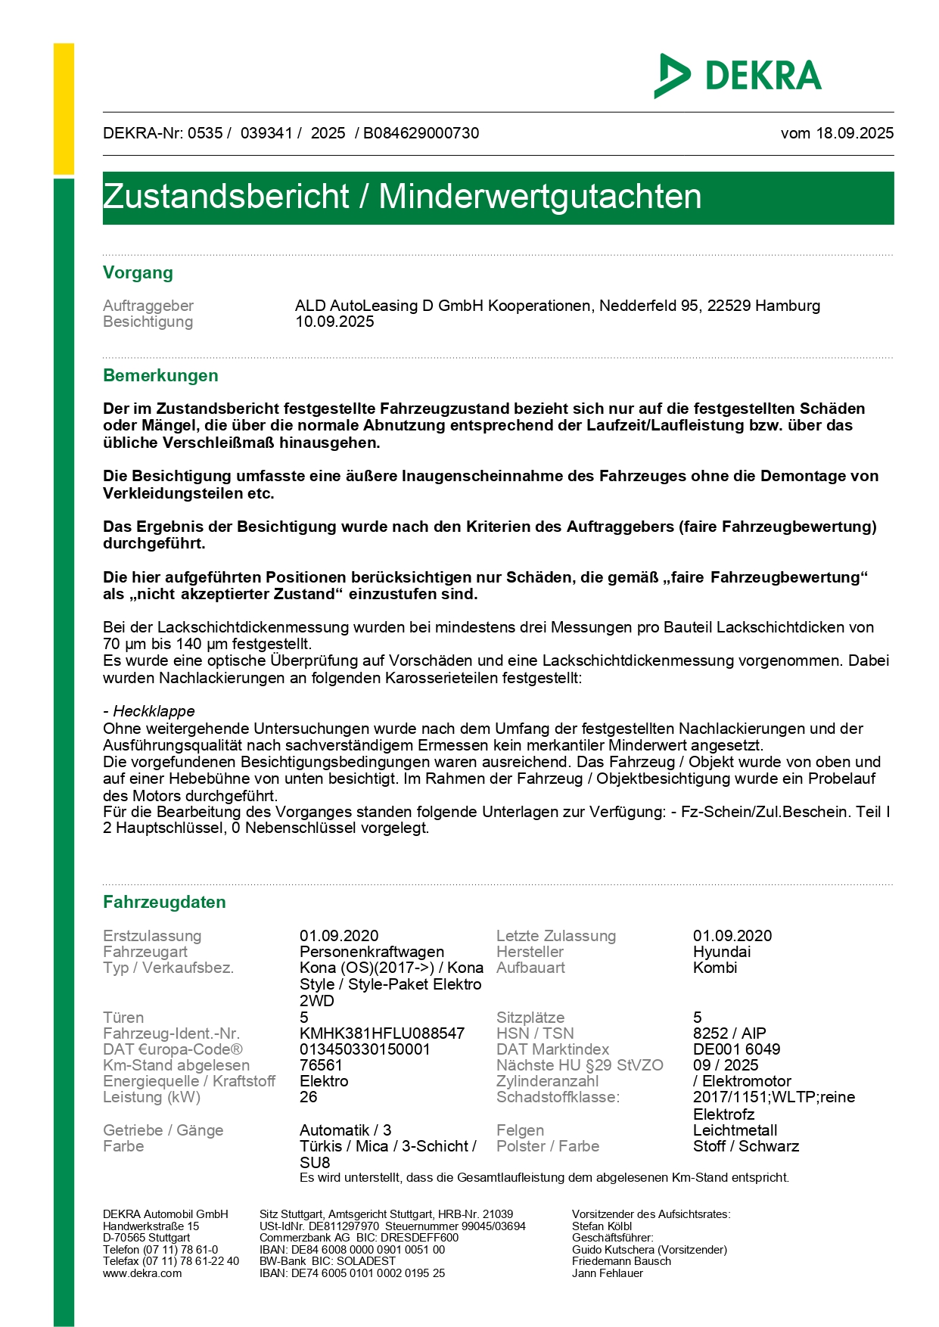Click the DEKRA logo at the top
(x=738, y=76)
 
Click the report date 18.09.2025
(x=854, y=133)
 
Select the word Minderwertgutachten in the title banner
(x=539, y=197)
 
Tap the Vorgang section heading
(x=138, y=273)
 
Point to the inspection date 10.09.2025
(x=334, y=322)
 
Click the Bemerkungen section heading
(x=160, y=376)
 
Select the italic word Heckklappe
(x=154, y=711)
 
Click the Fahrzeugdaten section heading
(x=164, y=903)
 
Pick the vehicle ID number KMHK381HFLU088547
(x=382, y=1033)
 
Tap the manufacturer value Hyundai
(x=722, y=952)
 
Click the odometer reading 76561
(x=321, y=1065)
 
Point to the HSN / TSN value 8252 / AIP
(x=729, y=1033)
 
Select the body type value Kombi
(x=714, y=968)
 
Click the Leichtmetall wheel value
(x=735, y=1130)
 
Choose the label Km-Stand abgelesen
(x=176, y=1065)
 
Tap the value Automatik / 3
(x=345, y=1130)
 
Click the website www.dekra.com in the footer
(x=142, y=1273)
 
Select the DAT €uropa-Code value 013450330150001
(x=365, y=1049)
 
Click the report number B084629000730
(x=421, y=133)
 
